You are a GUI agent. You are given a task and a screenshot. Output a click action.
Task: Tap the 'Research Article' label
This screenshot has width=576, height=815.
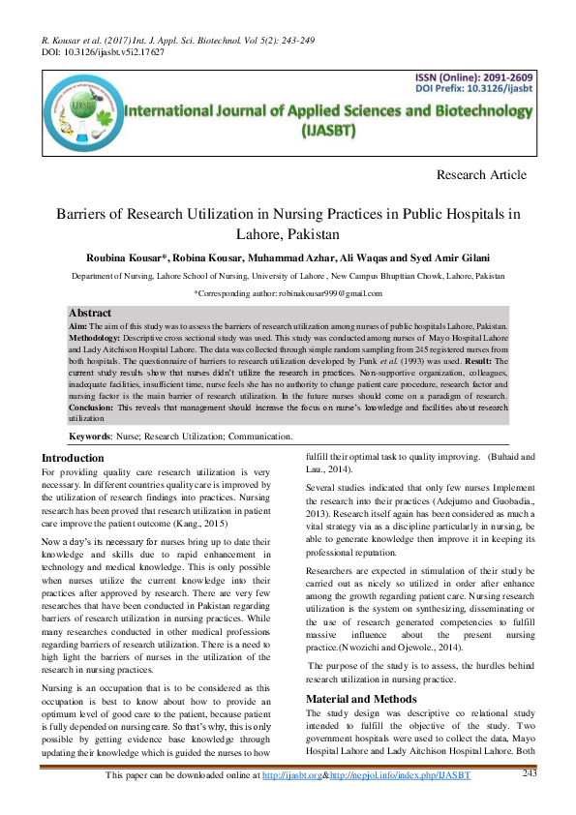click(x=482, y=175)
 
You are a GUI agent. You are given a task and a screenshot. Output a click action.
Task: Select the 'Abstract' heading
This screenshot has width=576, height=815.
click(x=90, y=314)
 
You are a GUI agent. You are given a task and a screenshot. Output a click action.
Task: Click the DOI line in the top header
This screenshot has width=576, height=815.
click(x=103, y=51)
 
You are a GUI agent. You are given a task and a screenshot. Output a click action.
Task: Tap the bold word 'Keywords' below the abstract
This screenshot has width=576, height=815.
click(x=89, y=437)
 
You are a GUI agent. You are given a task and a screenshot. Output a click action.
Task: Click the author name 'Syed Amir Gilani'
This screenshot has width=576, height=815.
click(x=468, y=257)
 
